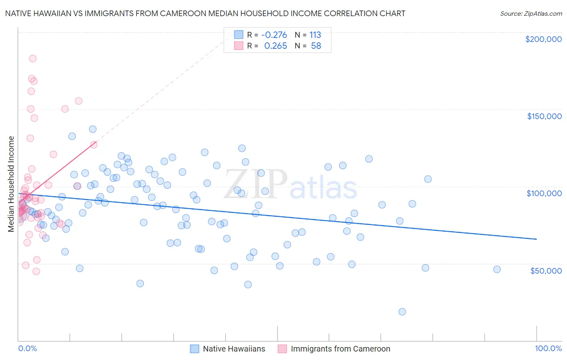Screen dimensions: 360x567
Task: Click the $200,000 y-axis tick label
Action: click(543, 39)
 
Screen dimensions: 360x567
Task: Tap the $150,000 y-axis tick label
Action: click(544, 116)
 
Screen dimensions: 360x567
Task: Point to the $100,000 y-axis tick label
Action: click(544, 193)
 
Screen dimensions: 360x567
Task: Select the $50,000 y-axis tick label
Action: click(546, 270)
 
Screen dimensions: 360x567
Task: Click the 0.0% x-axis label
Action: click(27, 348)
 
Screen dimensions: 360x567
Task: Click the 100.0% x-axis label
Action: click(548, 348)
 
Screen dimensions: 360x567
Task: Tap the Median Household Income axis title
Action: click(11, 184)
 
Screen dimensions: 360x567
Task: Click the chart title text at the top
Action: click(205, 13)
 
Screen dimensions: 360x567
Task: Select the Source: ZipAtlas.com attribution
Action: click(531, 13)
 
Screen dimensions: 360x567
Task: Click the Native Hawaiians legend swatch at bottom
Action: click(194, 349)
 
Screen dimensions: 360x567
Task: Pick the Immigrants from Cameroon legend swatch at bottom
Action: click(282, 349)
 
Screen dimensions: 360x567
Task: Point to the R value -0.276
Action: click(274, 35)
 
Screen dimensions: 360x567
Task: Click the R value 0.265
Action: click(275, 46)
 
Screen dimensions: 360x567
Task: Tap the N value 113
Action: click(315, 35)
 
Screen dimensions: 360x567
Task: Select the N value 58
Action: click(316, 46)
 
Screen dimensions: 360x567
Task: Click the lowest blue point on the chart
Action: click(402, 312)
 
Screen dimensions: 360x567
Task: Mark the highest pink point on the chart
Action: click(33, 59)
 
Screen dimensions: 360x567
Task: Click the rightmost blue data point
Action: click(497, 269)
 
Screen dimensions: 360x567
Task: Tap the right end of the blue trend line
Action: click(536, 239)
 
